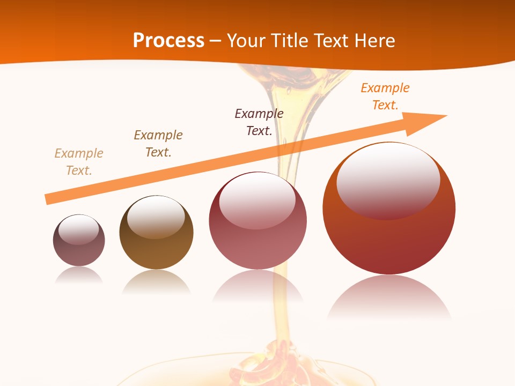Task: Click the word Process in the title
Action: pyautogui.click(x=168, y=41)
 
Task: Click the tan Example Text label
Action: pyautogui.click(x=79, y=161)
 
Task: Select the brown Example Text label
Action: pyautogui.click(x=158, y=143)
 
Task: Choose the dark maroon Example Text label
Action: pyautogui.click(x=259, y=122)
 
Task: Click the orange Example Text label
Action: pyautogui.click(x=385, y=96)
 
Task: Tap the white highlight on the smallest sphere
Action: pyautogui.click(x=79, y=229)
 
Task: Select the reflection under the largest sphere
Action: pyautogui.click(x=389, y=298)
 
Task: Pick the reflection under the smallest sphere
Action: pyautogui.click(x=79, y=275)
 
